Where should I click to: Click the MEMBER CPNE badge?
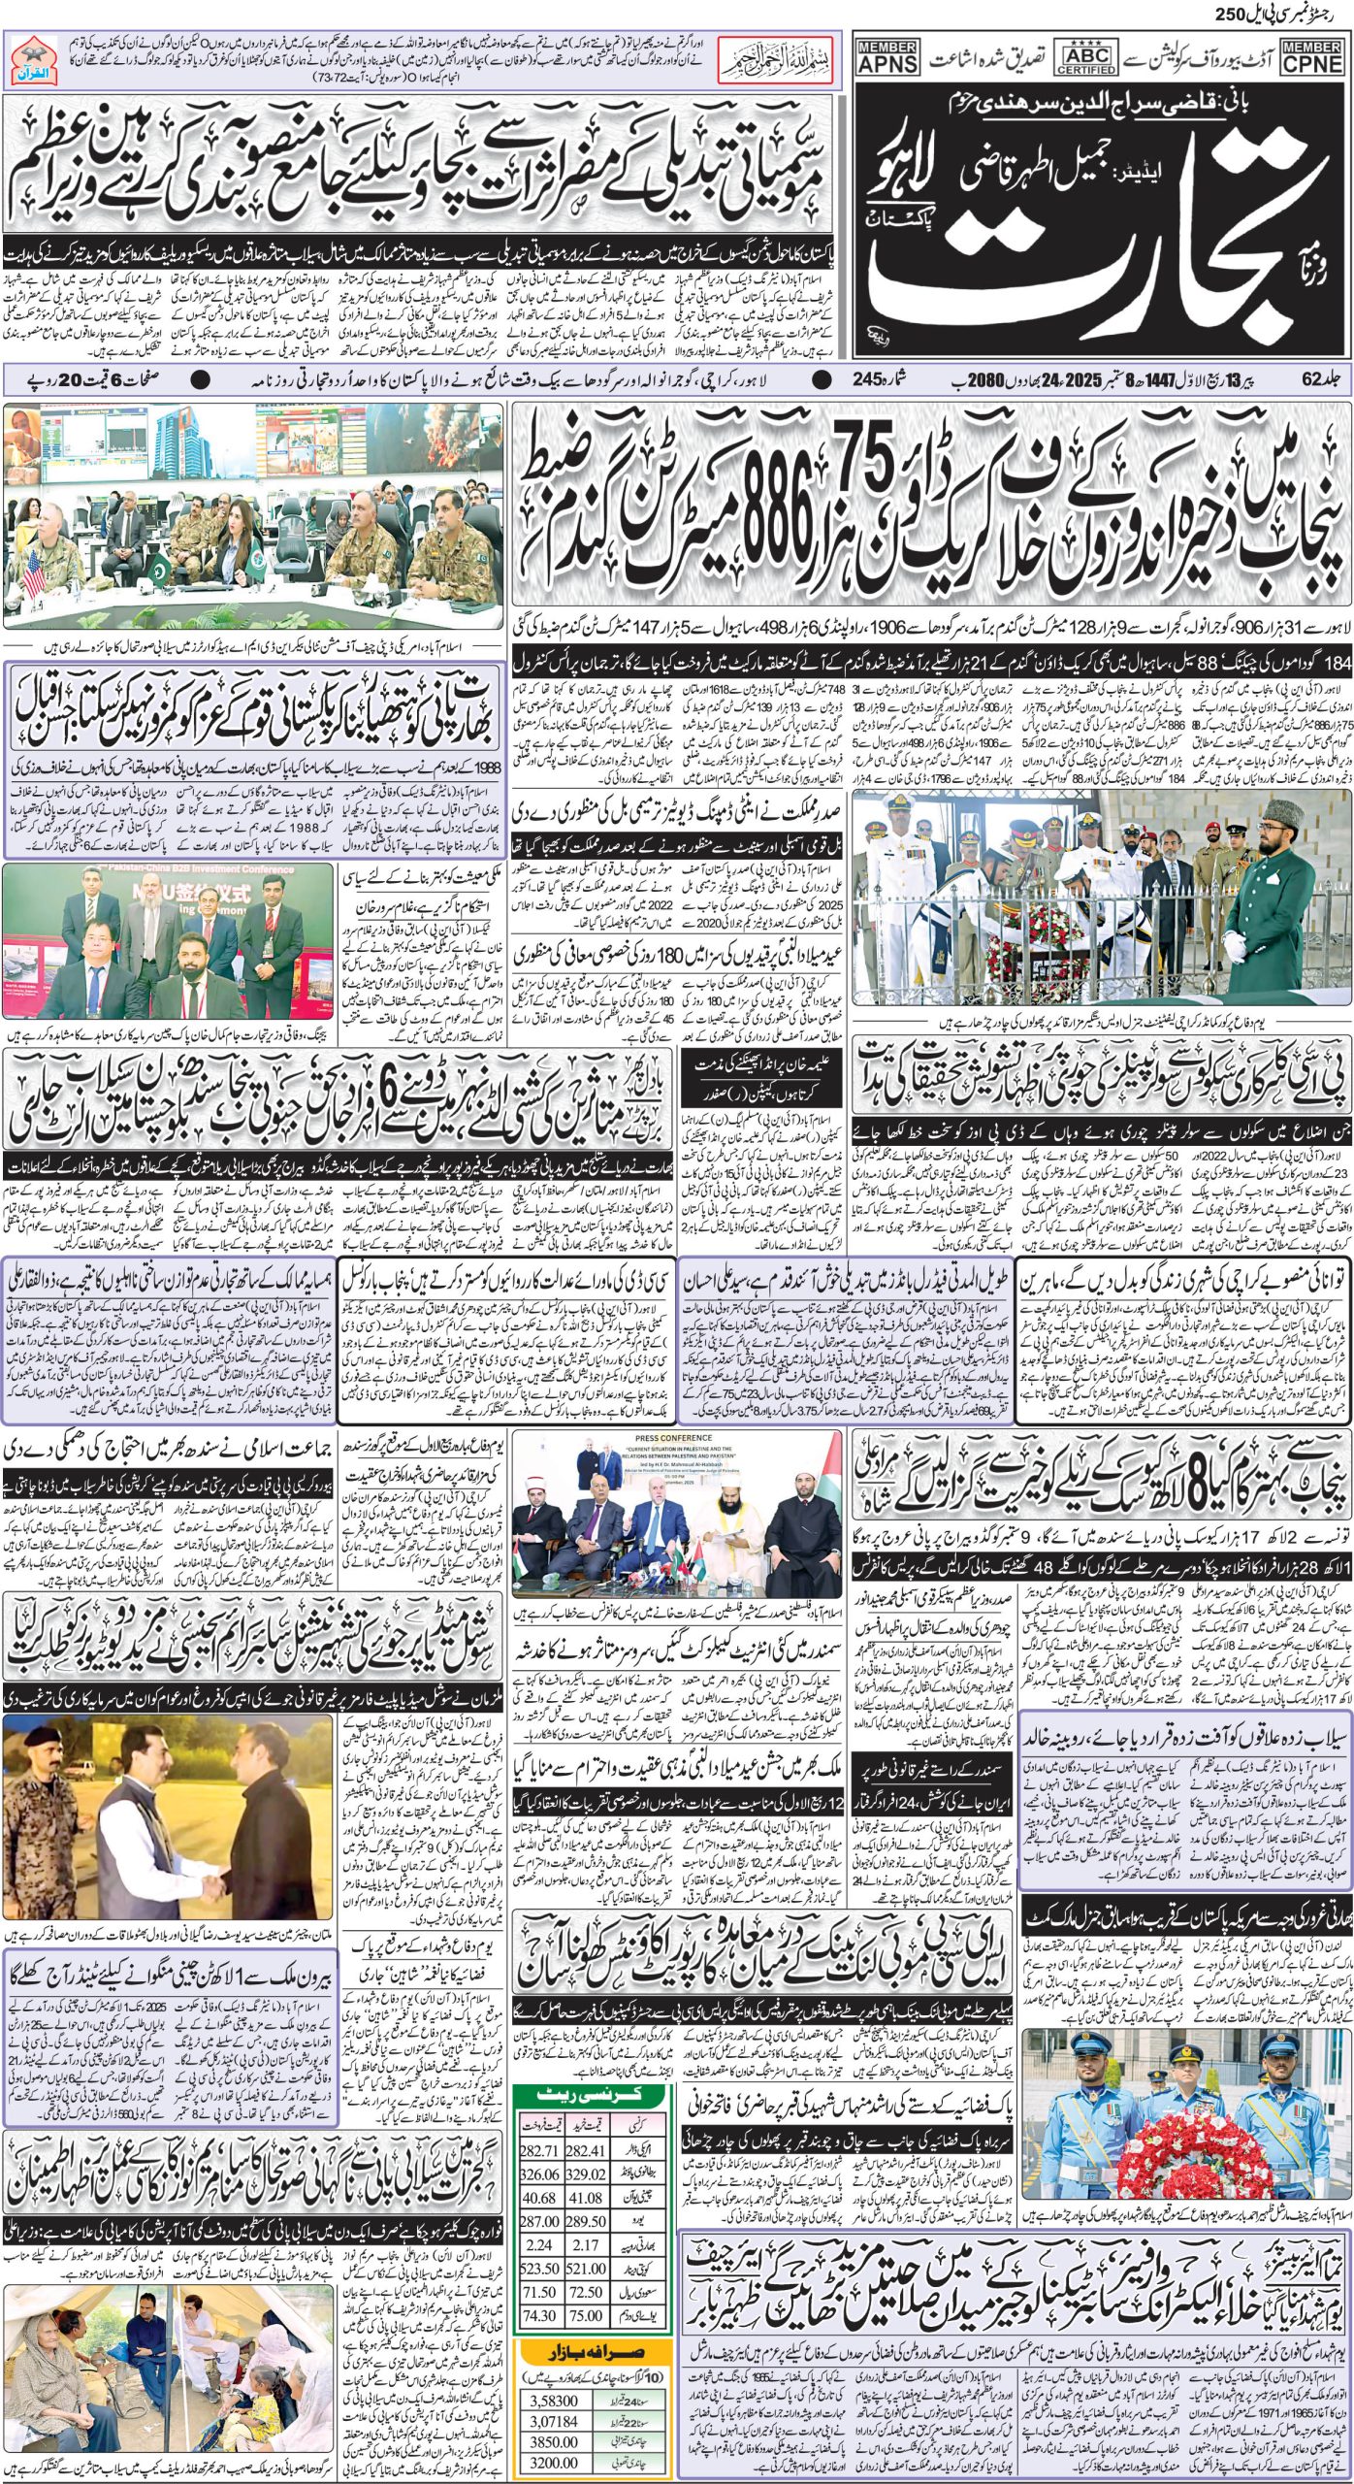pyautogui.click(x=1312, y=59)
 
